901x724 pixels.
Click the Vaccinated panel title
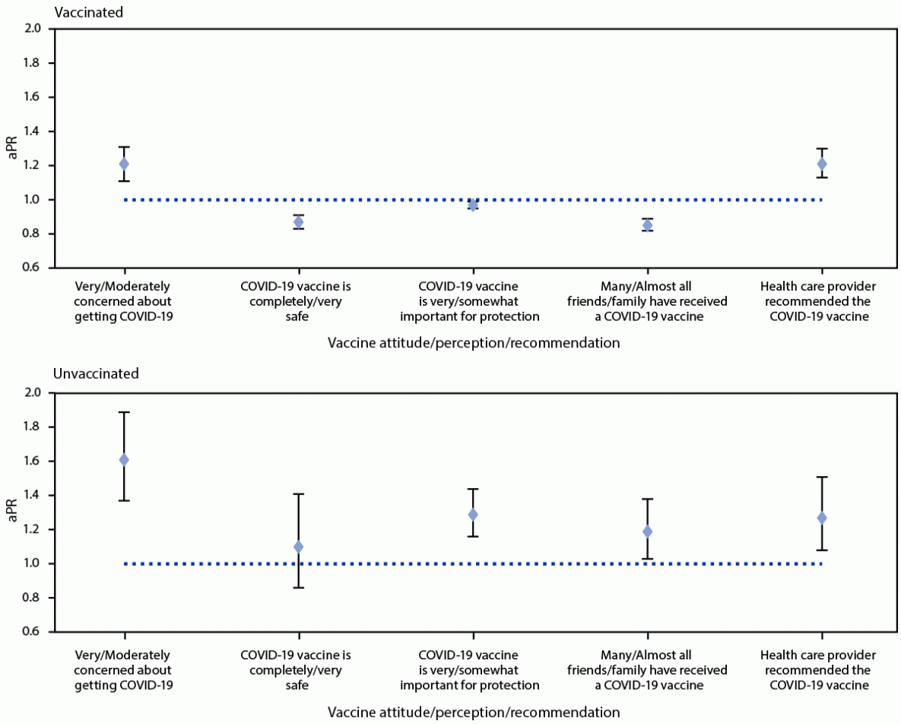pyautogui.click(x=88, y=12)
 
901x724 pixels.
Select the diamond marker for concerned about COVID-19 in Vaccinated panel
pyautogui.click(x=124, y=164)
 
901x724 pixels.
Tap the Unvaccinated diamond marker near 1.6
pyautogui.click(x=124, y=460)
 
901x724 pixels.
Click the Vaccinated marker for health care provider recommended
pyautogui.click(x=821, y=164)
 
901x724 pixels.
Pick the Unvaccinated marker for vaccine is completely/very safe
pyautogui.click(x=298, y=547)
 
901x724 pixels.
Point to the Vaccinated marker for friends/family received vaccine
pyautogui.click(x=647, y=225)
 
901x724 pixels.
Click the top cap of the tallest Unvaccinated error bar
pyautogui.click(x=124, y=412)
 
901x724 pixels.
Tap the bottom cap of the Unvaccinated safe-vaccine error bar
pyautogui.click(x=298, y=587)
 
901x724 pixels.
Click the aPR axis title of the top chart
pyautogui.click(x=12, y=148)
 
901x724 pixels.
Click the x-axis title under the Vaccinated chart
pyautogui.click(x=474, y=343)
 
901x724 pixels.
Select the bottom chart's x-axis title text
pyautogui.click(x=474, y=713)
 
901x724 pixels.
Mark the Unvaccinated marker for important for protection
pyautogui.click(x=473, y=515)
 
